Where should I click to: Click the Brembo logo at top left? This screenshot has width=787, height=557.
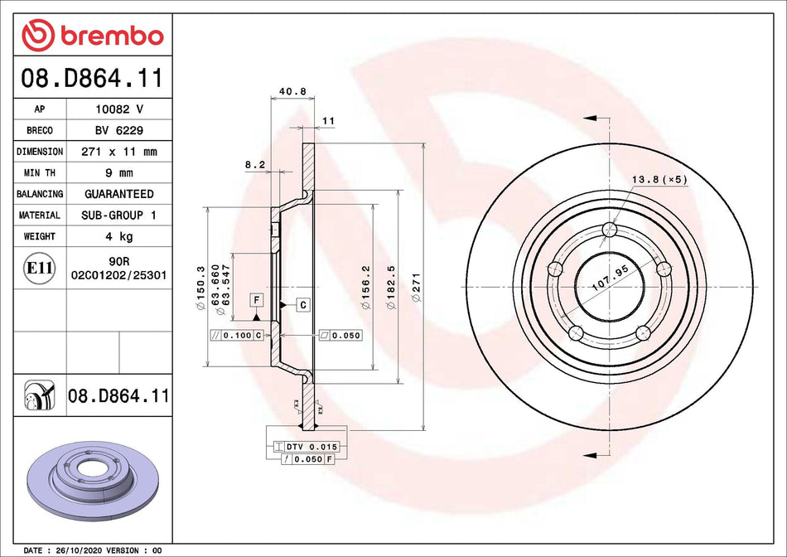(x=93, y=35)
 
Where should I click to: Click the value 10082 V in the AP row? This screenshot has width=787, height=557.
(x=118, y=109)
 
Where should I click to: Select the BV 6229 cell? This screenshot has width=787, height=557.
(x=118, y=130)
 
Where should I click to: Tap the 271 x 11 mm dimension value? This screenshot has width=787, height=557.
(x=118, y=152)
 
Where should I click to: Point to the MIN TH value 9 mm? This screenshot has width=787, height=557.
(x=118, y=173)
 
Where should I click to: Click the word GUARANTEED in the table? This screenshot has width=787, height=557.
(x=118, y=194)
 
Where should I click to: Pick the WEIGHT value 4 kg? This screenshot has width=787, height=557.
(x=118, y=236)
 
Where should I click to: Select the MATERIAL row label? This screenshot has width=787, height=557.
(x=40, y=216)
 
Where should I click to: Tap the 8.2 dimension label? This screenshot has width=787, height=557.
(x=253, y=165)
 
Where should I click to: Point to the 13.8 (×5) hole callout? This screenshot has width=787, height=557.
(x=659, y=179)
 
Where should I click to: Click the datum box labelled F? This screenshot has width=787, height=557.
(x=258, y=298)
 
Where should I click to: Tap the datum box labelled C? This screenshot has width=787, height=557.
(x=303, y=305)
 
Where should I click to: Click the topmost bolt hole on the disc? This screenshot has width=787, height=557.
(x=611, y=230)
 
